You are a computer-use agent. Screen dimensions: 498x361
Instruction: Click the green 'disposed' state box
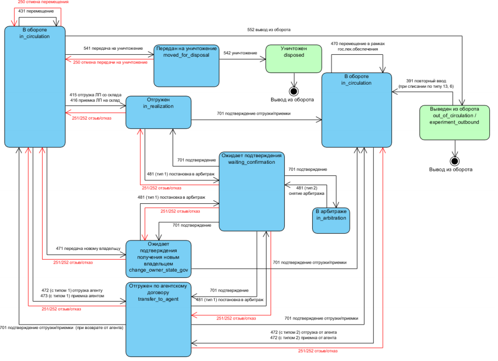point(294,59)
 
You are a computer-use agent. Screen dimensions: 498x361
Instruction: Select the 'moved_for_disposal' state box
point(186,66)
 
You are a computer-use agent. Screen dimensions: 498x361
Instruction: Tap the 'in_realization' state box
point(158,112)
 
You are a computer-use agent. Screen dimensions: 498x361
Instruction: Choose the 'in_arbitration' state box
point(331,221)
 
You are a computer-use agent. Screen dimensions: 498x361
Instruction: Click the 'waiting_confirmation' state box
point(252,191)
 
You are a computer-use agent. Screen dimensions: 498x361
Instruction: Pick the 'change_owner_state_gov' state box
point(158,259)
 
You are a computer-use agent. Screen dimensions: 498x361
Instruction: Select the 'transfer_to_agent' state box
point(158,319)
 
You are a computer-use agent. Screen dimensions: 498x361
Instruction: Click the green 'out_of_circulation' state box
point(454,123)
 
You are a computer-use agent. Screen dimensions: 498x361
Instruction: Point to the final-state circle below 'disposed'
point(294,92)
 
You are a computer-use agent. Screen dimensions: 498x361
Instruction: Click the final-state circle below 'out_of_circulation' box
point(455,161)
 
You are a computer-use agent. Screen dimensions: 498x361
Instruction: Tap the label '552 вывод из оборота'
point(269,30)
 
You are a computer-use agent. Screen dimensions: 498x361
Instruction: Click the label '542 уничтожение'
point(240,53)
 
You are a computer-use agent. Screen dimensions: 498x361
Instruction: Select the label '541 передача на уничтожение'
point(113,49)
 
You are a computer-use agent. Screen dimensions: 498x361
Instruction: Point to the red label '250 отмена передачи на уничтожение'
point(110,62)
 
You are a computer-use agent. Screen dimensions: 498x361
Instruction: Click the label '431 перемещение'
point(36,11)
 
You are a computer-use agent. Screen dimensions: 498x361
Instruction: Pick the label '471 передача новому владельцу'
point(88,248)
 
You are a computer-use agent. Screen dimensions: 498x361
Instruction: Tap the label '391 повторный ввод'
point(426,81)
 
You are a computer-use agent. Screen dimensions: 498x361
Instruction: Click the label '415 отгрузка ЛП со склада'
point(95,95)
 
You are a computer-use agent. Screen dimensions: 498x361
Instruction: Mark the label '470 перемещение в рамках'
point(357,44)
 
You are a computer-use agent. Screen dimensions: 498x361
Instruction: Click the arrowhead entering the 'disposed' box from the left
point(263,59)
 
